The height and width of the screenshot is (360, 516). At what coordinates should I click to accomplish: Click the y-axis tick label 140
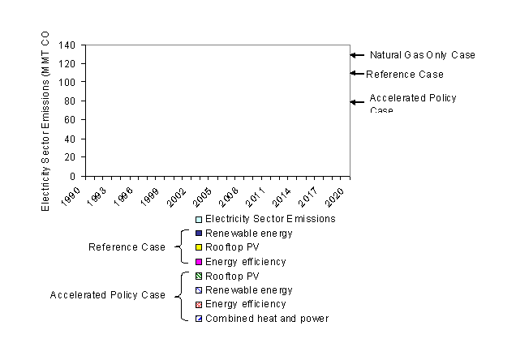(67, 45)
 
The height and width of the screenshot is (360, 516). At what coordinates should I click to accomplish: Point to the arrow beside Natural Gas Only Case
(357, 55)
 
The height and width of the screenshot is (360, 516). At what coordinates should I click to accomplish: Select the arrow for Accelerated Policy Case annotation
(357, 102)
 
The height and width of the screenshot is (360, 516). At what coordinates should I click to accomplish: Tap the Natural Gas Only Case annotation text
(422, 55)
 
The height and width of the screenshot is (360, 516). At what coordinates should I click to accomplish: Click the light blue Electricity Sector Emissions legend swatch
(199, 219)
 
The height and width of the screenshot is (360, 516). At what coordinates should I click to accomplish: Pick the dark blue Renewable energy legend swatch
(199, 234)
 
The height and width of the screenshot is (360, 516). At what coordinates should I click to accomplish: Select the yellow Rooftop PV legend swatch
(199, 247)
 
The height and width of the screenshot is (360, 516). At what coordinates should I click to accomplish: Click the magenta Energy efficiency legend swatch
(199, 262)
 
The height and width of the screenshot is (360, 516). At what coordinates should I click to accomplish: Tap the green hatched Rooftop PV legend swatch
(199, 276)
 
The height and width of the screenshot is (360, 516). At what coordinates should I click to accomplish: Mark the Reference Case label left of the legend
(122, 247)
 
